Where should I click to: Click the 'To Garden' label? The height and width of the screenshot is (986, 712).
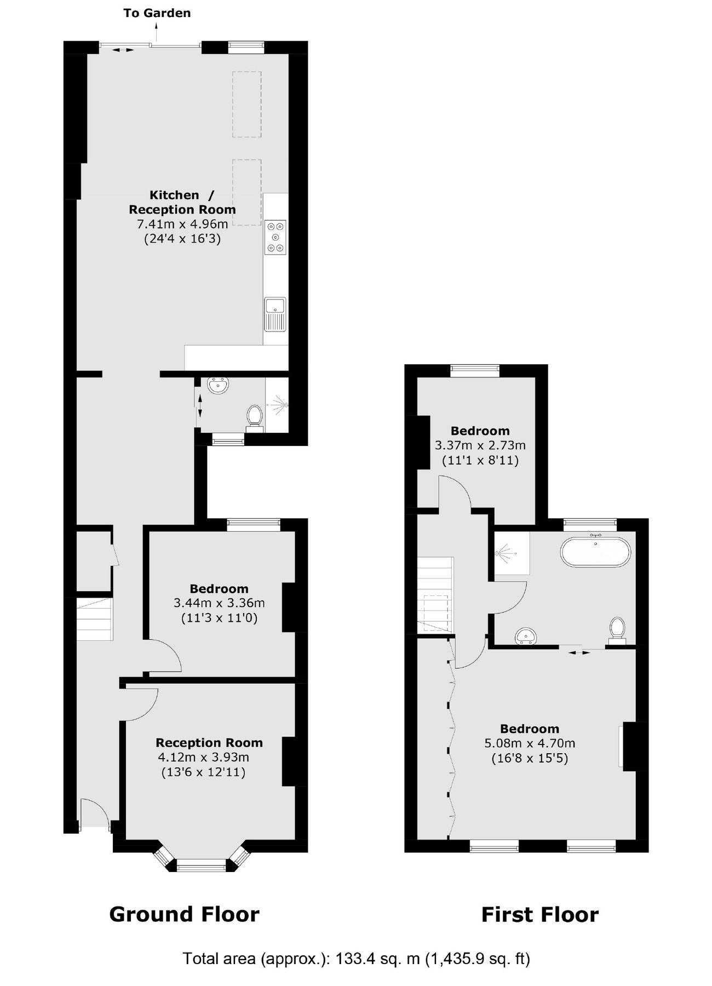pyautogui.click(x=157, y=13)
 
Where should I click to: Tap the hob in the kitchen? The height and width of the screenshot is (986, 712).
pyautogui.click(x=275, y=237)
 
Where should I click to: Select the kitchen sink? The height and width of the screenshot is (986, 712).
pyautogui.click(x=275, y=314)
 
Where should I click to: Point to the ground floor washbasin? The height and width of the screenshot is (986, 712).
pyautogui.click(x=219, y=386)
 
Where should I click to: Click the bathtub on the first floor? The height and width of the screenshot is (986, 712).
pyautogui.click(x=595, y=552)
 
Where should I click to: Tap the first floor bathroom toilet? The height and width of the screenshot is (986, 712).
pyautogui.click(x=618, y=629)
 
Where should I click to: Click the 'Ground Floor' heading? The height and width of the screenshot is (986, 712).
pyautogui.click(x=184, y=914)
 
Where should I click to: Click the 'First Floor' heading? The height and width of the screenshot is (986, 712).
pyautogui.click(x=539, y=915)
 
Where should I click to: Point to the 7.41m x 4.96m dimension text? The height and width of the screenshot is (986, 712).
pyautogui.click(x=182, y=224)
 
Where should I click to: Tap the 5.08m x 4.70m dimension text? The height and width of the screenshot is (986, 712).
pyautogui.click(x=530, y=743)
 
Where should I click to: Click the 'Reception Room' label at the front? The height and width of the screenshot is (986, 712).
pyautogui.click(x=209, y=743)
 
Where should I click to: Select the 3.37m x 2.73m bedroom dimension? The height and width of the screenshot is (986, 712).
pyautogui.click(x=480, y=445)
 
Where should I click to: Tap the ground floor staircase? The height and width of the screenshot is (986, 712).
pyautogui.click(x=94, y=619)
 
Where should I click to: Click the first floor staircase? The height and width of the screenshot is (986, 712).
pyautogui.click(x=435, y=594)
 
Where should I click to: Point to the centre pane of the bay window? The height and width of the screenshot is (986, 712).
pyautogui.click(x=202, y=866)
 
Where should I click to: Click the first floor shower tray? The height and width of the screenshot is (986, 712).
pyautogui.click(x=512, y=553)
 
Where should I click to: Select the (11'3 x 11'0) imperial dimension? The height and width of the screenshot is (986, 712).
pyautogui.click(x=219, y=618)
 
